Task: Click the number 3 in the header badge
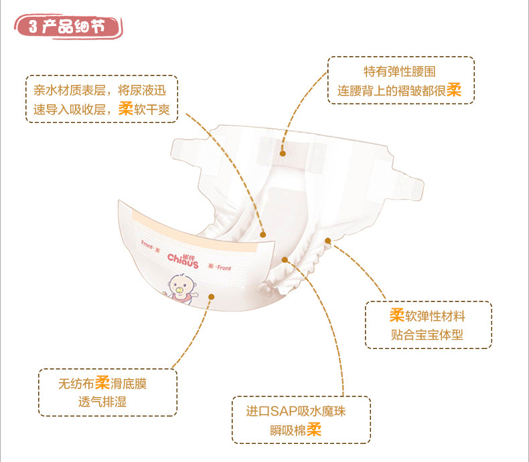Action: (33, 27)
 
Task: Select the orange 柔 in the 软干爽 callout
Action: (125, 109)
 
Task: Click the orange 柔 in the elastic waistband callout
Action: (454, 90)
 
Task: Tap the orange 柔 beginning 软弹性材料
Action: (396, 315)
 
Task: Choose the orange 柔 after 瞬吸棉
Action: (314, 429)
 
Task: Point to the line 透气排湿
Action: (102, 402)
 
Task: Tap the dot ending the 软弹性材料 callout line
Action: (328, 240)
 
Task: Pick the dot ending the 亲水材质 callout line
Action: (264, 234)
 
